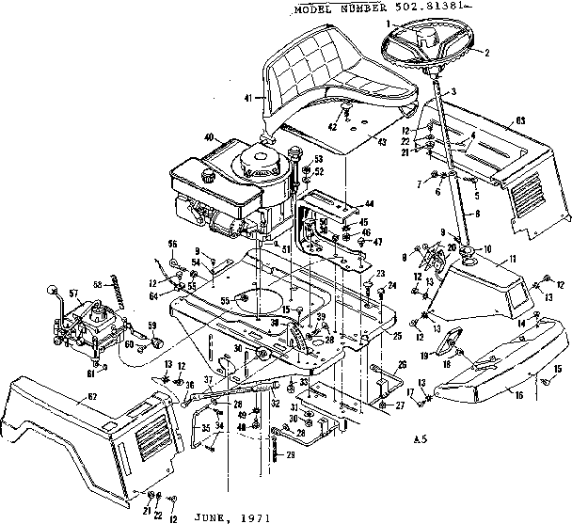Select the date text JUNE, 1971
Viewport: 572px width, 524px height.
pyautogui.click(x=230, y=516)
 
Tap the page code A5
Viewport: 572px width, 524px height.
pyautogui.click(x=421, y=437)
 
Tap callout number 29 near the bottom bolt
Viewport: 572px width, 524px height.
pyautogui.click(x=290, y=455)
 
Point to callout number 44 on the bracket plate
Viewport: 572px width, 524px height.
pyautogui.click(x=369, y=203)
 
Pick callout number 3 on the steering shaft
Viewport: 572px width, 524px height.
pyautogui.click(x=453, y=90)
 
